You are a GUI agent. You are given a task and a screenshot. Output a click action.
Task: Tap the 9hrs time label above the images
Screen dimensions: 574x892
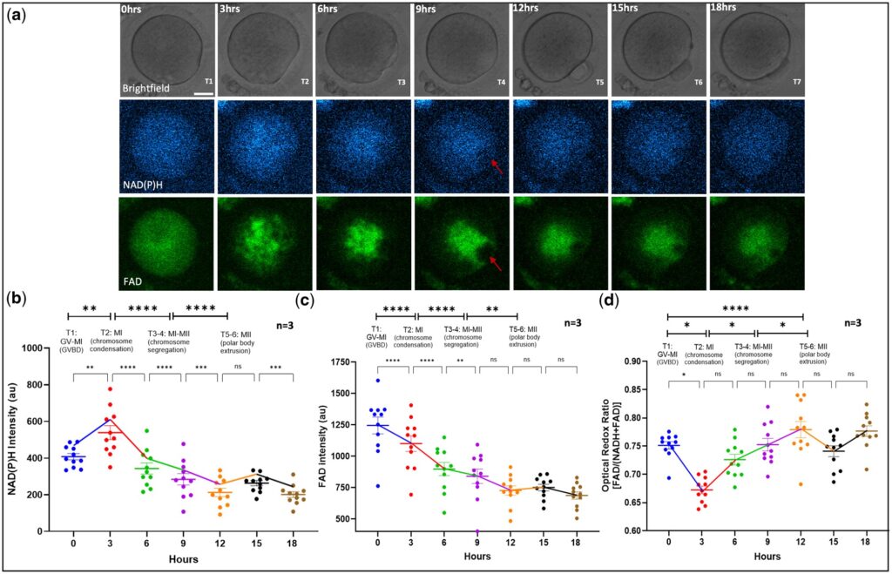[428, 8]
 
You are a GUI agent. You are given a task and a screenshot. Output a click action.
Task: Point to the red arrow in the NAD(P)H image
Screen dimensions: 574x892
[496, 165]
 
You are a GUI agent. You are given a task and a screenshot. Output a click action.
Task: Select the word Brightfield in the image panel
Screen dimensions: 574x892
[148, 88]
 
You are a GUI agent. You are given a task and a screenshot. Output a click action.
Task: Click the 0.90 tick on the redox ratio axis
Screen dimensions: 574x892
[640, 361]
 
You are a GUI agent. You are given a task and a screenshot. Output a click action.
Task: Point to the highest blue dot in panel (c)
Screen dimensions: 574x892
[378, 381]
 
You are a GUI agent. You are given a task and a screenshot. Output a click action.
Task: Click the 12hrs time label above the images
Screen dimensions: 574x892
[528, 8]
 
